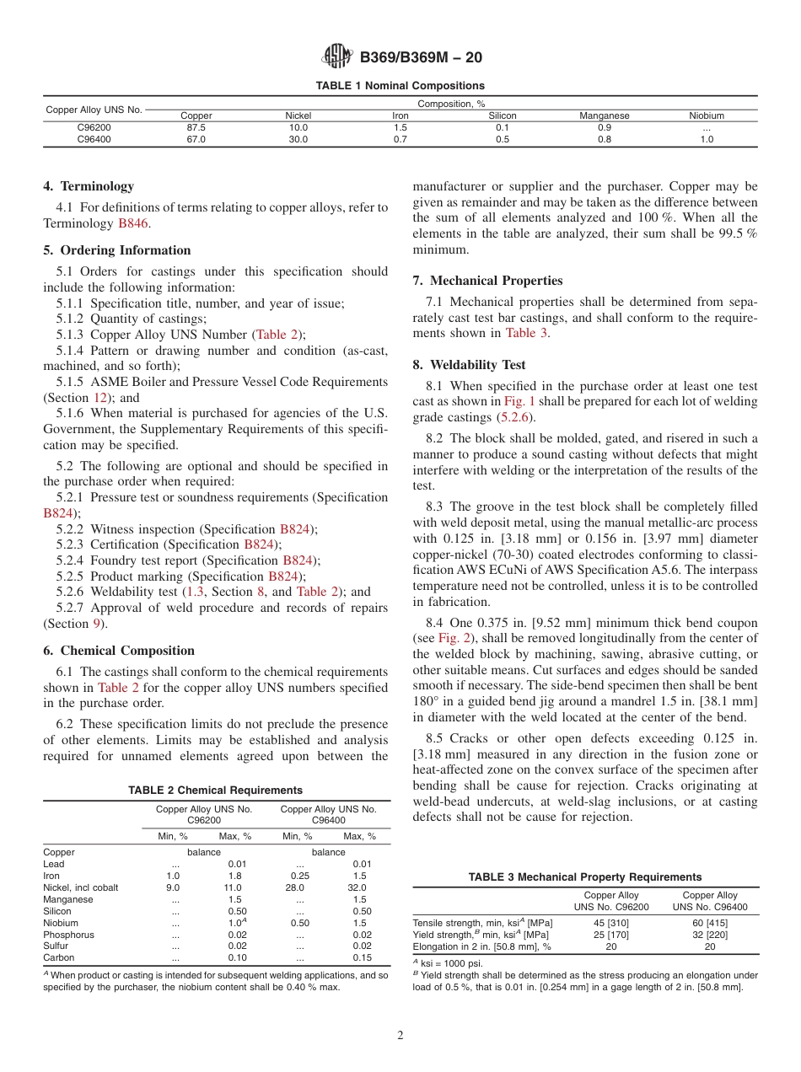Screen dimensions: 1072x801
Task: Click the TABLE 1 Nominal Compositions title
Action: point(400,86)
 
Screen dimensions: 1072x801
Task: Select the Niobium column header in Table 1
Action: point(706,115)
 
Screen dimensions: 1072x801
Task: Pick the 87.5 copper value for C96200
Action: point(196,127)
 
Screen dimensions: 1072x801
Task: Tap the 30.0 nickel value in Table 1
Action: point(298,140)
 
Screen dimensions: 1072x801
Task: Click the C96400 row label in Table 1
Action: point(94,140)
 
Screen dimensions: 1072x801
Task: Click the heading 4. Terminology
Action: point(89,186)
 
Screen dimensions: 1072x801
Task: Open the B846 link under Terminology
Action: point(133,223)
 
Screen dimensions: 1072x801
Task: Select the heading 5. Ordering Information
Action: point(117,250)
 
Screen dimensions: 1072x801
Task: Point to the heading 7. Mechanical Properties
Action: point(487,281)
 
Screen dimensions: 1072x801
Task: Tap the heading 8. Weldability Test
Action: point(469,365)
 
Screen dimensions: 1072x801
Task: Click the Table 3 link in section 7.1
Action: point(526,333)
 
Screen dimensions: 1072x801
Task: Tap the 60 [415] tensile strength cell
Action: point(709,923)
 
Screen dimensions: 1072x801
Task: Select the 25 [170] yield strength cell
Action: point(611,935)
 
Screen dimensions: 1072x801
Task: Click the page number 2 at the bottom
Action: point(400,1036)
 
